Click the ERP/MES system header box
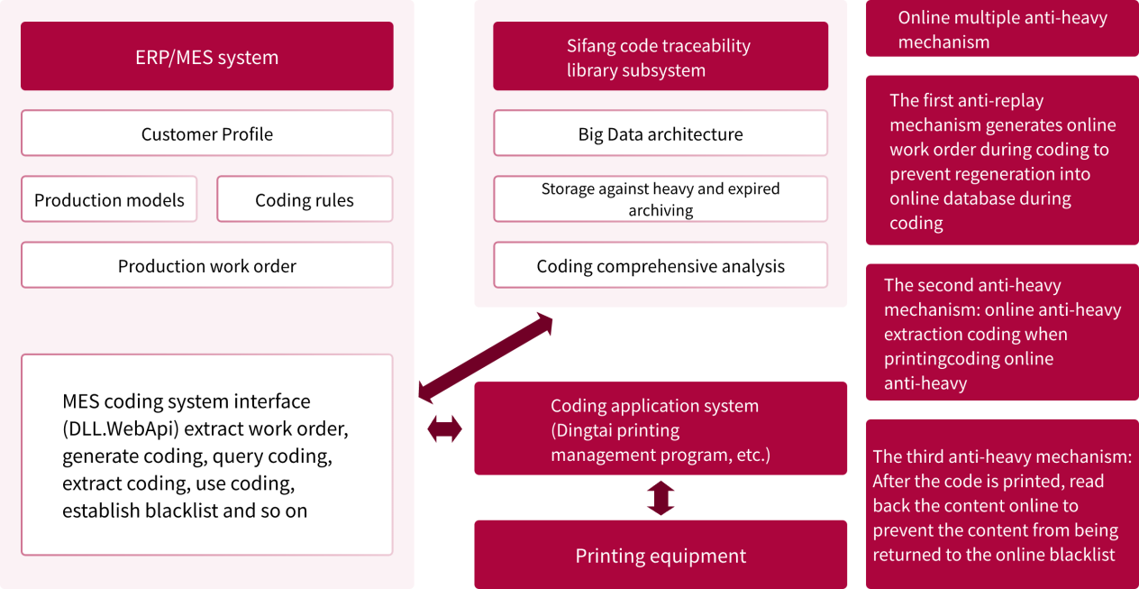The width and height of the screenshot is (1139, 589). (x=206, y=56)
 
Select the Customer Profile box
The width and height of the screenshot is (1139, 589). (x=206, y=133)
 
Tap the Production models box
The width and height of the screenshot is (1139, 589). (x=109, y=199)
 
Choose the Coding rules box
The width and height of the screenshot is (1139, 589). (x=305, y=199)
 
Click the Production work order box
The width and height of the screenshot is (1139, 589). (x=206, y=265)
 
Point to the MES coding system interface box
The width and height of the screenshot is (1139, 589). (x=206, y=455)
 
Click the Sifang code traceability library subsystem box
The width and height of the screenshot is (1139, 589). (x=660, y=56)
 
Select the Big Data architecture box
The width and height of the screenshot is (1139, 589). (x=660, y=133)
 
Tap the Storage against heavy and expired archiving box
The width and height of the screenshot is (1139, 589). (x=660, y=199)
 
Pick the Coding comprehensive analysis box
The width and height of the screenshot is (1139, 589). (x=660, y=265)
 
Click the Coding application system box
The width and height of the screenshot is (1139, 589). (x=660, y=428)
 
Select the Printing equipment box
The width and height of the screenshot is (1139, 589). (x=660, y=555)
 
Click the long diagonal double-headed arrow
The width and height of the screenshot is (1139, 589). (x=486, y=357)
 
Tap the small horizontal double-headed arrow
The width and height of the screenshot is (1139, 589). (x=444, y=429)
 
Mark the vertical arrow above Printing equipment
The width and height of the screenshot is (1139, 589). (x=661, y=498)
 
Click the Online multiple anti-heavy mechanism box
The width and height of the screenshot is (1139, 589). (x=1002, y=29)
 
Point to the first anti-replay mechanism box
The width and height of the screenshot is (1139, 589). (x=1002, y=161)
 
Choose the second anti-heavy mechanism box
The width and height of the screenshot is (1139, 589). (x=1002, y=332)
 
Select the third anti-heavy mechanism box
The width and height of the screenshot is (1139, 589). (x=1002, y=504)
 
